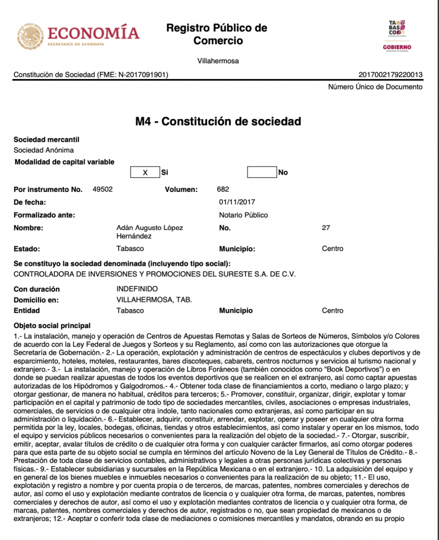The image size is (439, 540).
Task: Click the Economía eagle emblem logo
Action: click(30, 36)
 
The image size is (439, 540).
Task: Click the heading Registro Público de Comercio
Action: click(217, 34)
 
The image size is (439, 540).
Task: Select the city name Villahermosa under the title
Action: click(218, 61)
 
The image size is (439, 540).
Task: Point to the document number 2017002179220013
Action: click(390, 75)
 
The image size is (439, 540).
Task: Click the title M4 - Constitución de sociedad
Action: click(218, 122)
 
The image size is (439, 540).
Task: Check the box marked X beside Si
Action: click(145, 172)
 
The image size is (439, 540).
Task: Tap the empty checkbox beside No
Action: click(262, 172)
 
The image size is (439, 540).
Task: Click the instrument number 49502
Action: click(102, 189)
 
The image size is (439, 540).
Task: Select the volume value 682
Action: click(223, 189)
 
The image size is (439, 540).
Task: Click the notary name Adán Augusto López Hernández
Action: click(150, 232)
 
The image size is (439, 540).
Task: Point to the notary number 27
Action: click(326, 228)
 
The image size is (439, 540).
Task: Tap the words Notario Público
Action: click(243, 215)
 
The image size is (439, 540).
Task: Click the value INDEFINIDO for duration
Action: click(137, 289)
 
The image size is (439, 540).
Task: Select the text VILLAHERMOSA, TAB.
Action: click(154, 300)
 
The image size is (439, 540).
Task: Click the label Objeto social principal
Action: click(52, 325)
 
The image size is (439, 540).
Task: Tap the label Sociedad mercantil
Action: click(46, 140)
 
